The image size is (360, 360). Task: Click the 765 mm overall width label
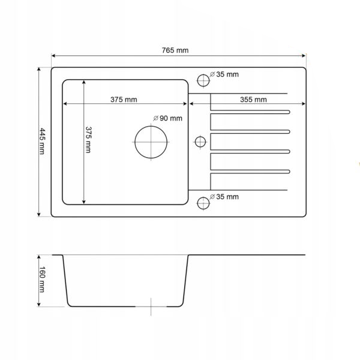[x=175, y=50]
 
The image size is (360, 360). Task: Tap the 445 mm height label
[x=42, y=141]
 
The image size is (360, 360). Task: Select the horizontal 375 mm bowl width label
[x=124, y=100]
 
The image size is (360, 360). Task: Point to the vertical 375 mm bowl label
[x=88, y=140]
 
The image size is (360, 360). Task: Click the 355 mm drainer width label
[x=253, y=100]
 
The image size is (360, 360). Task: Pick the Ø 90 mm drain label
[x=168, y=118]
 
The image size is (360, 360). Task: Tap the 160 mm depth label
[x=42, y=280]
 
